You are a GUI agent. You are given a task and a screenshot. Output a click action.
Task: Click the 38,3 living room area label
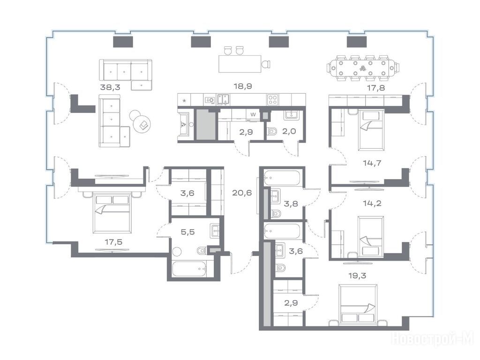[x=110, y=87]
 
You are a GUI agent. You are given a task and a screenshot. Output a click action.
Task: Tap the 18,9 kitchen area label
[x=243, y=86]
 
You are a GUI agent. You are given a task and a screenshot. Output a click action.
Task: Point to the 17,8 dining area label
[x=376, y=88]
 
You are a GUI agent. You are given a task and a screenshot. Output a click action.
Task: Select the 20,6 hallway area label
[x=242, y=193]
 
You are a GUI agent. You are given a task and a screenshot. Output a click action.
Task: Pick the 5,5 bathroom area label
[x=187, y=232]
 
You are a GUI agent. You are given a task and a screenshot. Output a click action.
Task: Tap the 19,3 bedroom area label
[x=357, y=276]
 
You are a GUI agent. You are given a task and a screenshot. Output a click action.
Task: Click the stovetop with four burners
[x=272, y=99]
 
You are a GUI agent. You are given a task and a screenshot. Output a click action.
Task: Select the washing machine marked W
[x=253, y=114]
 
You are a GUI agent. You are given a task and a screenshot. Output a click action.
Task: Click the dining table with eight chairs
[x=363, y=68]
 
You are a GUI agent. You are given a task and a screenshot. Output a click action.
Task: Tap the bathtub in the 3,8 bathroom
[x=283, y=178]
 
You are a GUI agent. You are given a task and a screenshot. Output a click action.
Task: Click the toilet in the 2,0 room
[x=271, y=132]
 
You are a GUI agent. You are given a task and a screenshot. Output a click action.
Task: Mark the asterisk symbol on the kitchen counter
[x=184, y=100]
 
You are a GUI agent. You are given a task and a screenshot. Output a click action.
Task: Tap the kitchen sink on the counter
[x=224, y=99]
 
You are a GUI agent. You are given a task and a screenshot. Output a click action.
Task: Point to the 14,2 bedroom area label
[x=372, y=203]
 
